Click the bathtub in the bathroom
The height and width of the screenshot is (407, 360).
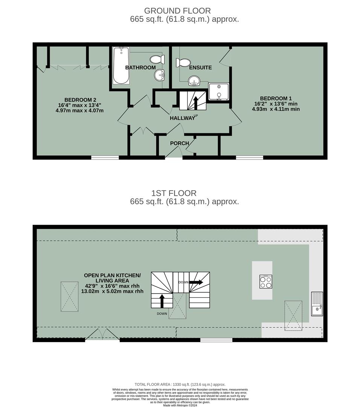[x=121, y=65]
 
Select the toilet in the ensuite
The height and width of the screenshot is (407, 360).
[x=183, y=63]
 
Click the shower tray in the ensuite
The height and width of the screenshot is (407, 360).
[x=218, y=92]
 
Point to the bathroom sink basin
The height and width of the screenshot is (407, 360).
[x=160, y=75]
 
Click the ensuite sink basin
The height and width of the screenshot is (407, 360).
[x=194, y=80]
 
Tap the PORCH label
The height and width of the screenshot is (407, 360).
[x=180, y=143]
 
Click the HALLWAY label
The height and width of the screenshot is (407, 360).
[x=182, y=118]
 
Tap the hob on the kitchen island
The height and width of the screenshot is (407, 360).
[x=265, y=282]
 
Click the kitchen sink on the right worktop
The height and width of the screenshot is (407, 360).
[x=316, y=304]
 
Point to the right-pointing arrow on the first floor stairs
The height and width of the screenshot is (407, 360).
[x=196, y=282]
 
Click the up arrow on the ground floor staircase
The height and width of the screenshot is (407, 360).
[x=196, y=102]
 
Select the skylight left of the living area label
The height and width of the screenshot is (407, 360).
[x=70, y=296]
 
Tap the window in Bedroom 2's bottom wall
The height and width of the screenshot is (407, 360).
[x=105, y=157]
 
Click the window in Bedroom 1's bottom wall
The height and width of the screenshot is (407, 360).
[x=249, y=157]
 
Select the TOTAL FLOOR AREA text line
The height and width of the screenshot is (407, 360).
[x=180, y=384]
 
